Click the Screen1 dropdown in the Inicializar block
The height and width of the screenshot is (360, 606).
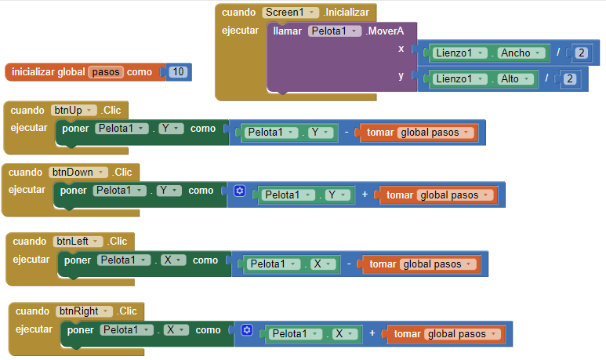click(291, 13)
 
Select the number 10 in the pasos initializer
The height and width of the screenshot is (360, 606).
click(178, 72)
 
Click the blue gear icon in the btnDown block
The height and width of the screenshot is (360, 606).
click(240, 191)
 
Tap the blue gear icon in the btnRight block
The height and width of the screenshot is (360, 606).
click(247, 331)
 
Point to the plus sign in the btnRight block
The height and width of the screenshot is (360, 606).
click(373, 333)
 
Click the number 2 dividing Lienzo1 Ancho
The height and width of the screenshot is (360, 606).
click(581, 53)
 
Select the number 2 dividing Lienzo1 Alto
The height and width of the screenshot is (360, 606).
click(570, 78)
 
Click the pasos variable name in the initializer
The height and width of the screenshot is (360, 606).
click(106, 72)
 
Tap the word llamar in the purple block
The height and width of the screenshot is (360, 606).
click(287, 31)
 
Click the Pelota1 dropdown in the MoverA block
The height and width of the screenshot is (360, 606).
click(335, 31)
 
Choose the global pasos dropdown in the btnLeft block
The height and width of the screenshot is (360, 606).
click(437, 264)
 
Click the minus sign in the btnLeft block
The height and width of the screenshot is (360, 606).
click(350, 264)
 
